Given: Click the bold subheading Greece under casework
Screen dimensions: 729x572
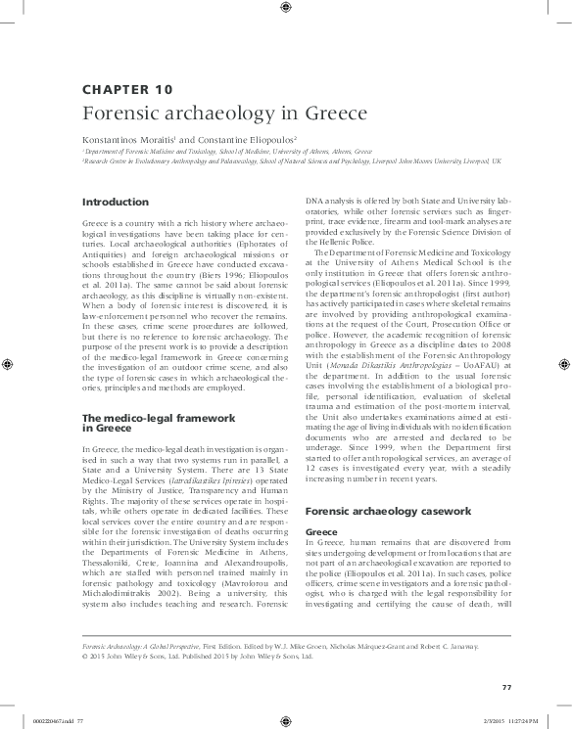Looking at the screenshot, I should (x=323, y=532).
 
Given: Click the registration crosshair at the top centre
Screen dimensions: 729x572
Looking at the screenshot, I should (x=285, y=9).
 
